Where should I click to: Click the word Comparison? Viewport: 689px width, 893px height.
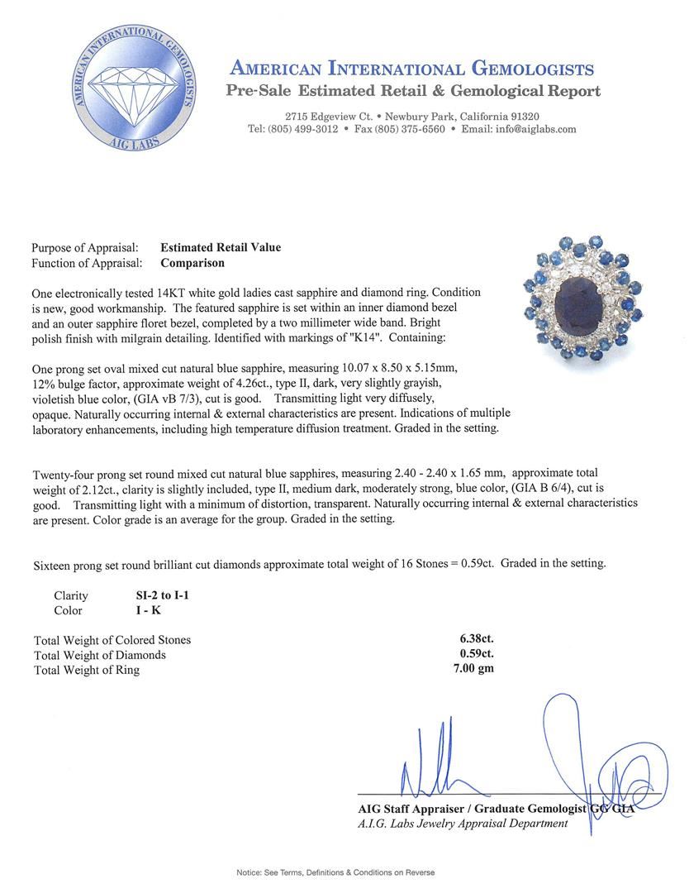(192, 263)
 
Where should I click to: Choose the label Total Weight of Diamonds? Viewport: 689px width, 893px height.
(100, 655)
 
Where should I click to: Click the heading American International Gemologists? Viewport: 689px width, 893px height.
(411, 69)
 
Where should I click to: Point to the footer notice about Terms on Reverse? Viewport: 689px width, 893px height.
(335, 872)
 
